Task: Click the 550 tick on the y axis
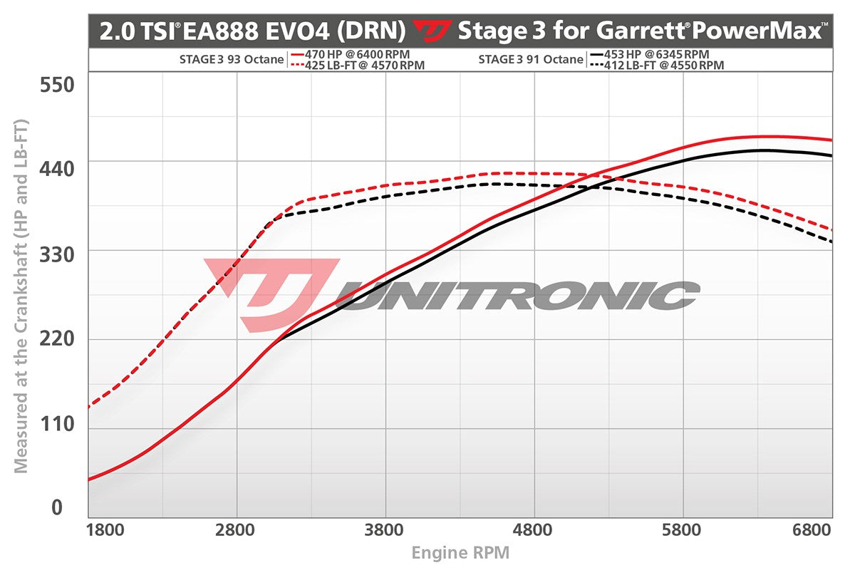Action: tap(58, 85)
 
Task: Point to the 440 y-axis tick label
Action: tap(58, 169)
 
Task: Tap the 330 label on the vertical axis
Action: tap(58, 254)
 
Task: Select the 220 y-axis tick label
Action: tap(58, 338)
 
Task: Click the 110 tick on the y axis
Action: tap(58, 423)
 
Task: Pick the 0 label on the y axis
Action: tap(58, 507)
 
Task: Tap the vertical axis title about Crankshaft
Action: tap(21, 296)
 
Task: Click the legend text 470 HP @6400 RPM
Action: tap(358, 54)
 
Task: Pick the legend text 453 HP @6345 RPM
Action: tap(656, 54)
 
